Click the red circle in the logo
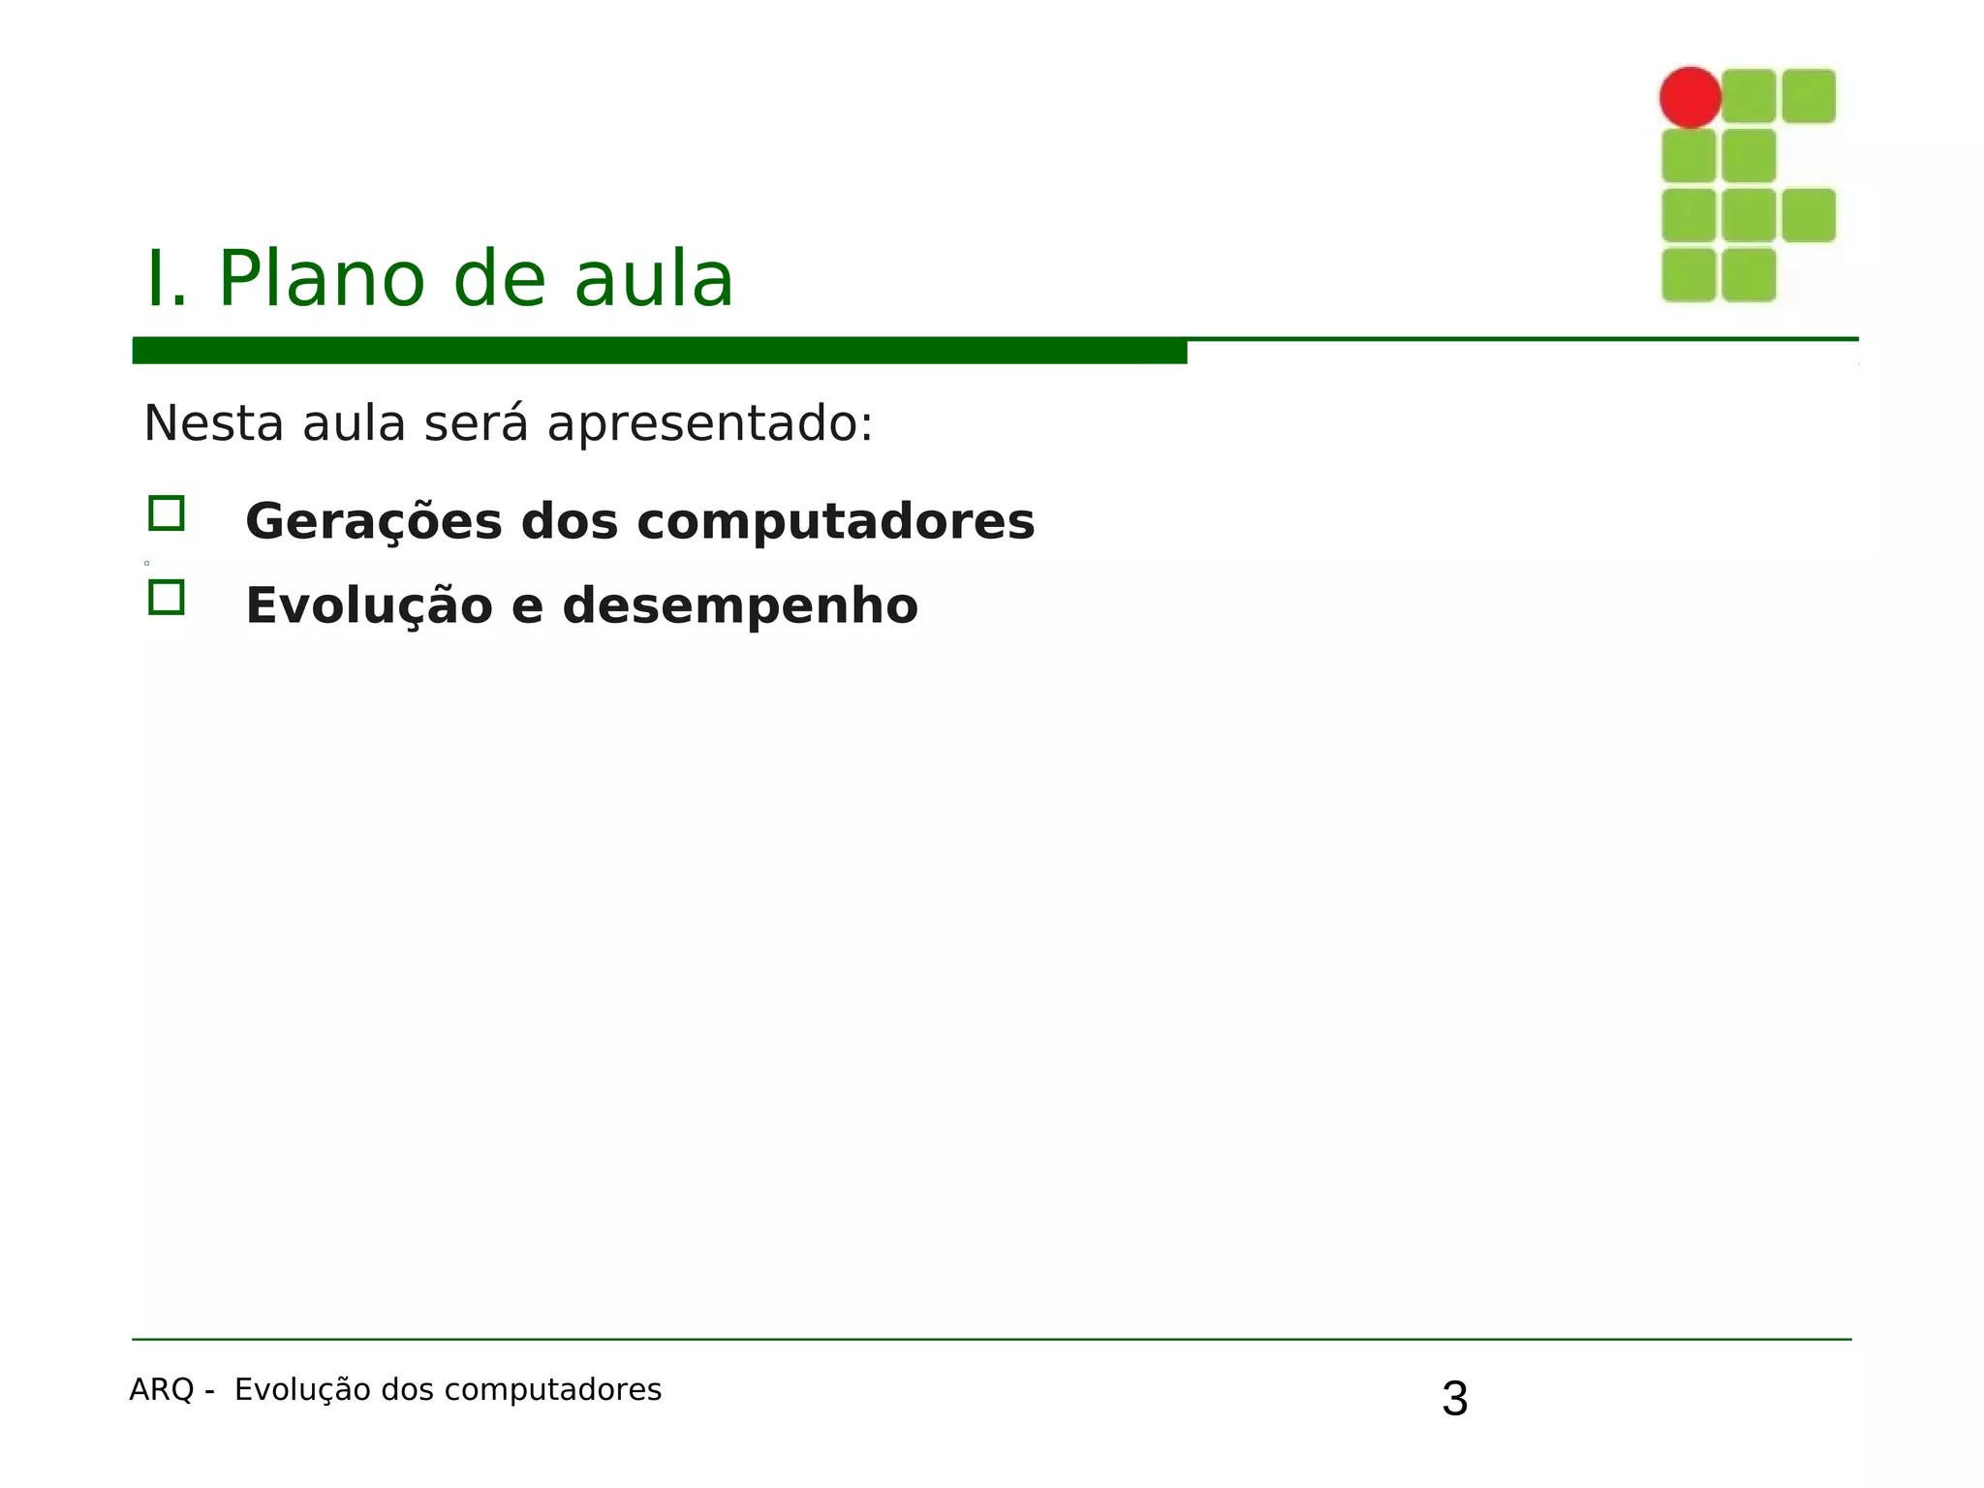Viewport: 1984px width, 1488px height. (1689, 97)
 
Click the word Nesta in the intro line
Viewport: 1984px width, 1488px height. (213, 423)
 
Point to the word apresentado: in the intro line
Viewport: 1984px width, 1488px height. (710, 423)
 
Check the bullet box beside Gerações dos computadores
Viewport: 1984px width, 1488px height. (167, 513)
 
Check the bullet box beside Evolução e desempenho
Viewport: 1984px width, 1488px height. (167, 598)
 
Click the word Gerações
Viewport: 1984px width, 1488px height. (374, 522)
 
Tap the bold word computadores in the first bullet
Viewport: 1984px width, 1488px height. (835, 522)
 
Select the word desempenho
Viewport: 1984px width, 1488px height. (740, 606)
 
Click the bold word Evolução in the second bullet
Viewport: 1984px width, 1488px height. (369, 606)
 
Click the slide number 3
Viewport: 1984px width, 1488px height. (1454, 1400)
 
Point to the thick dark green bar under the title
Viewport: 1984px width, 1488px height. (659, 351)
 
